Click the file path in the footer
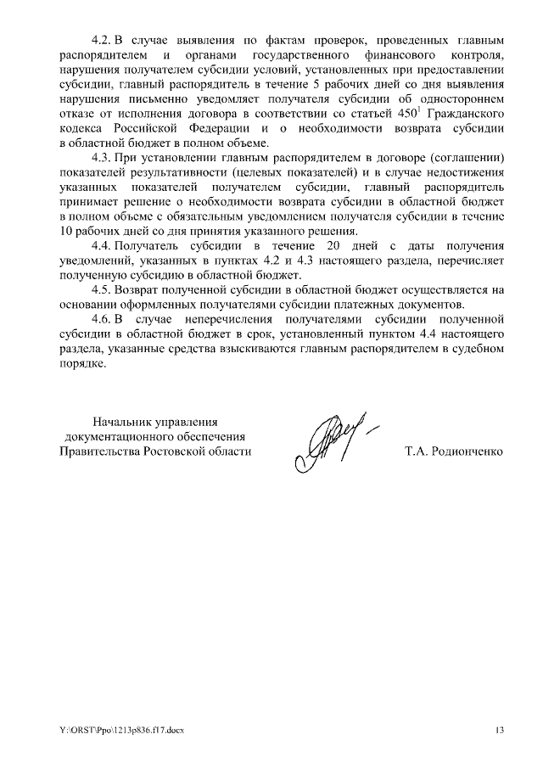(115, 730)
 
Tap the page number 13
(500, 730)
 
